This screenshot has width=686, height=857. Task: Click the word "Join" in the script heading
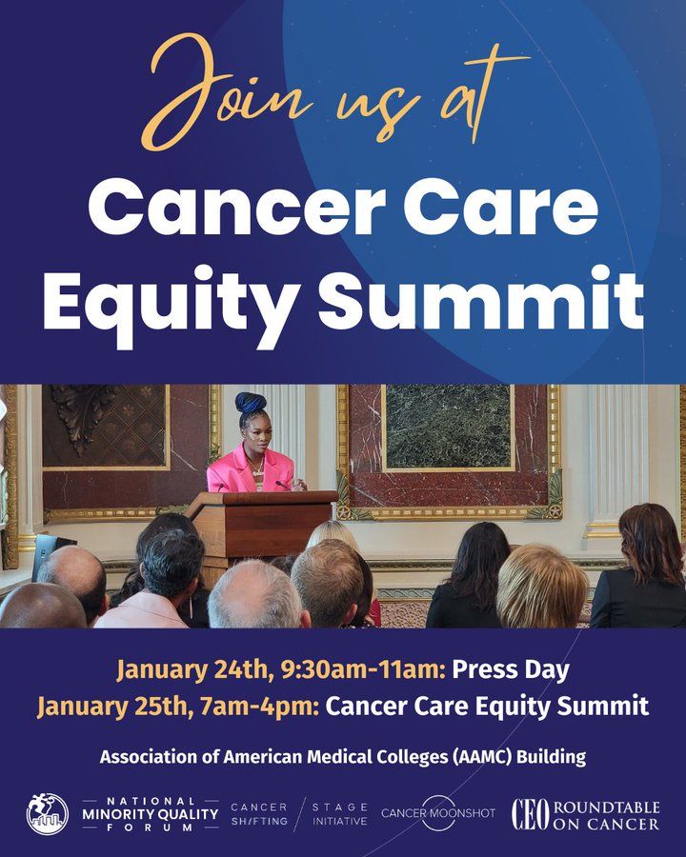(223, 90)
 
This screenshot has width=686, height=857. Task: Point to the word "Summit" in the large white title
(481, 298)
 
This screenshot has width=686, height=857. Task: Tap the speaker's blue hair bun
(252, 403)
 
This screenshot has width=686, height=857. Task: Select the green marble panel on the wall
(448, 427)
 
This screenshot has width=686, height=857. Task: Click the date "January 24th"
(194, 670)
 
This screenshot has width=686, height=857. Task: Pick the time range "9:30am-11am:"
(363, 670)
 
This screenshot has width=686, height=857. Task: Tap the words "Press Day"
(511, 670)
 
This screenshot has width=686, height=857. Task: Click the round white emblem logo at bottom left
(48, 814)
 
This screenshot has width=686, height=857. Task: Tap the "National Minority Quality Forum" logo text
(151, 814)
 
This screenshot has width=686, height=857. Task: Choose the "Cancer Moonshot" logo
(438, 813)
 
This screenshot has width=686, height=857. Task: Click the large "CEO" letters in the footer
(530, 815)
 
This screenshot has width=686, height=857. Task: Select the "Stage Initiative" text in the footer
(340, 814)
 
